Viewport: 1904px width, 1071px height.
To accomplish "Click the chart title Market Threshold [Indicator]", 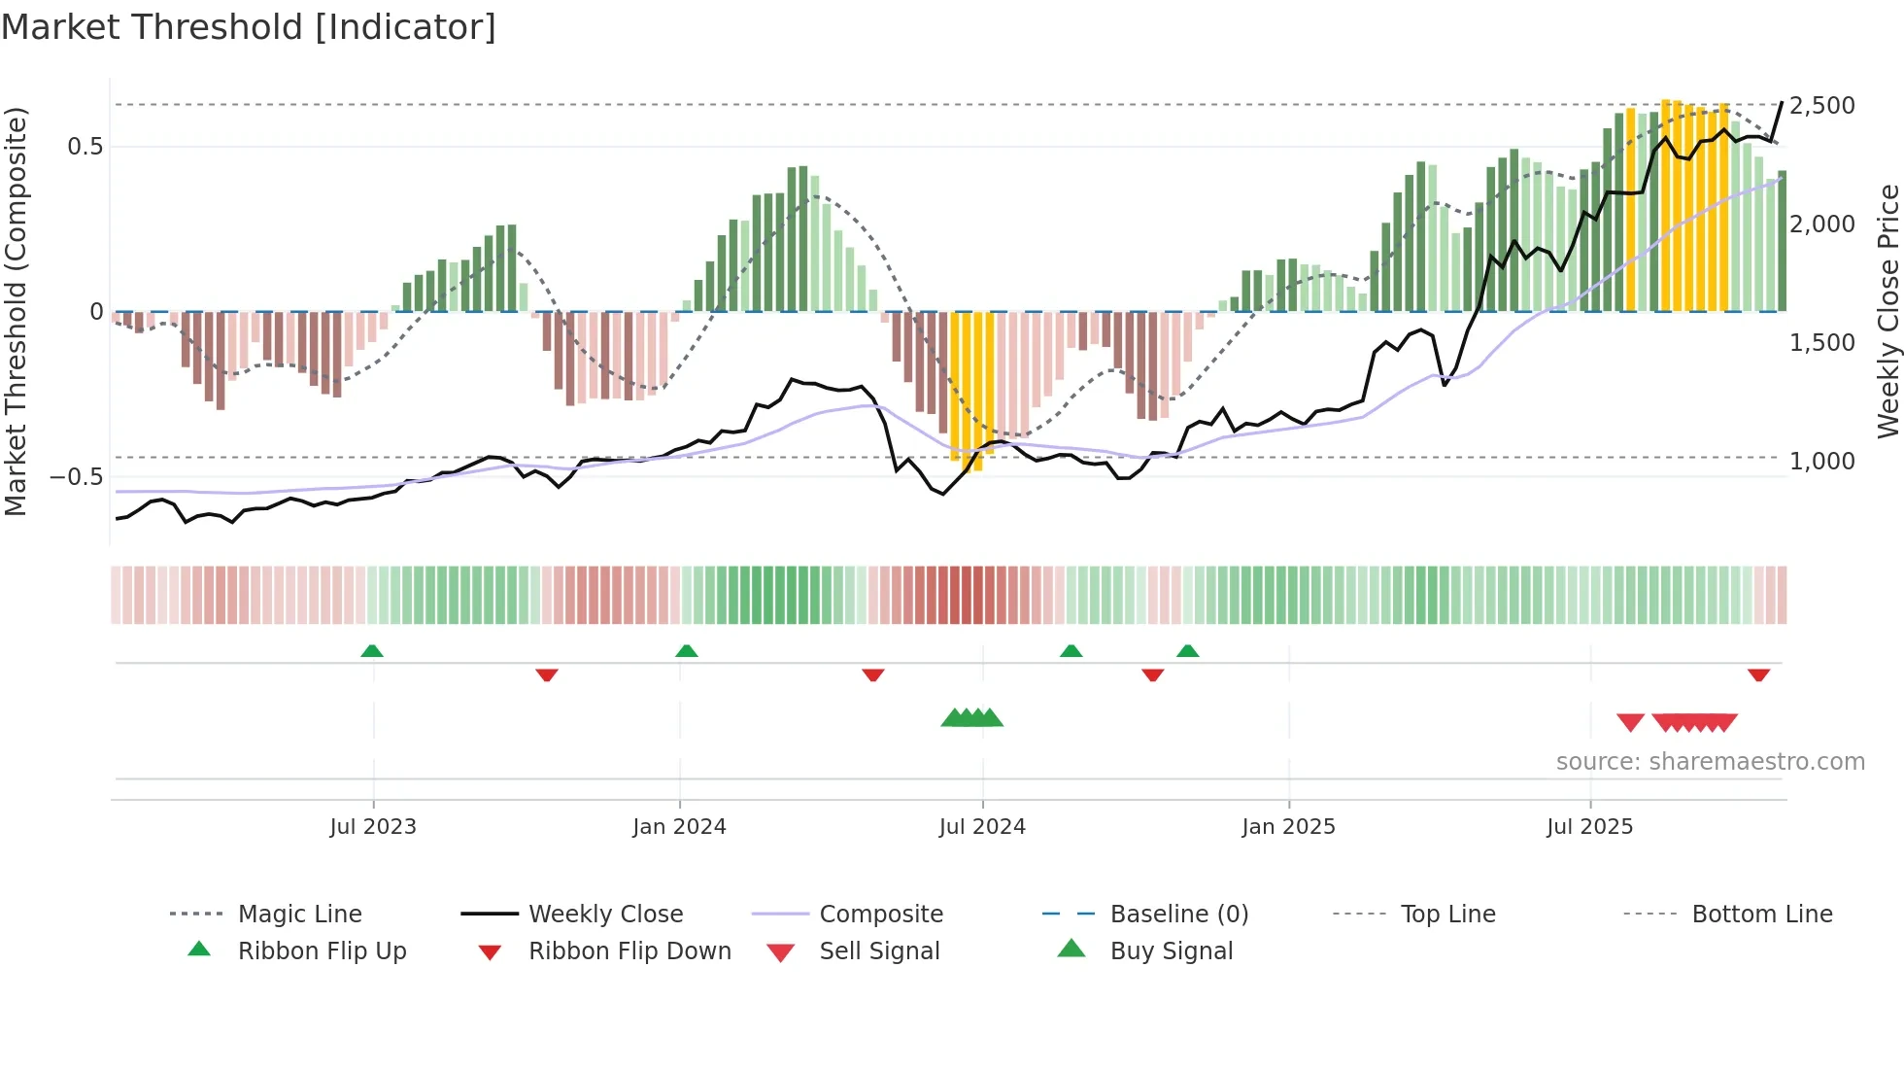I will coord(249,27).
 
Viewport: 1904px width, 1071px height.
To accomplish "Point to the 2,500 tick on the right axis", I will coord(1821,105).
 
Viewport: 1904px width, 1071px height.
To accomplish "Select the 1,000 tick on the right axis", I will coord(1821,461).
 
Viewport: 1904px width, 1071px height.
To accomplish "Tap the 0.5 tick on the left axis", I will coord(85,147).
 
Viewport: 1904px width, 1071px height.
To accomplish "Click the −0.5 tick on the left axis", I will coord(77,477).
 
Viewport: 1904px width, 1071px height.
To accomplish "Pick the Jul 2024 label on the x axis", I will coord(982,827).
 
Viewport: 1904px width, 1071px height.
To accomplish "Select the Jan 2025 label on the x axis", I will coord(1288,827).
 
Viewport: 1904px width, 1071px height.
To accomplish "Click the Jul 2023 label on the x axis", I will coord(373,827).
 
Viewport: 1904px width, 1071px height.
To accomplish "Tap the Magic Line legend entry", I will coord(299,915).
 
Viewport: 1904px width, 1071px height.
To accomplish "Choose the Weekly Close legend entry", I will coord(605,915).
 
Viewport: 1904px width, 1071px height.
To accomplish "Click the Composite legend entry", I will coord(880,915).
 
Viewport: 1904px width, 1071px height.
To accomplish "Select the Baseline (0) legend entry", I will coord(1178,915).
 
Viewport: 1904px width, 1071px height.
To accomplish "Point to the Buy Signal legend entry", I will coord(1171,951).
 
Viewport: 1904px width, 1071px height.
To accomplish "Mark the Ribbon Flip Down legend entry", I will coord(629,951).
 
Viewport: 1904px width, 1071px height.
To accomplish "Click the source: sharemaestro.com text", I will coord(1710,762).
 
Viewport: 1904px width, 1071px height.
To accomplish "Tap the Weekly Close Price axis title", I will coord(1887,311).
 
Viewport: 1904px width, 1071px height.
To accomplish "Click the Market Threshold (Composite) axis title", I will coord(16,311).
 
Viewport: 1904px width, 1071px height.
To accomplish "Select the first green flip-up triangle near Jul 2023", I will coord(372,651).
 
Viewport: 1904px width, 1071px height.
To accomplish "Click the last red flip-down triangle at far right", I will coord(1758,674).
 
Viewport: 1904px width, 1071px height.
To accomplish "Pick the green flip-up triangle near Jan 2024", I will coord(687,651).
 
